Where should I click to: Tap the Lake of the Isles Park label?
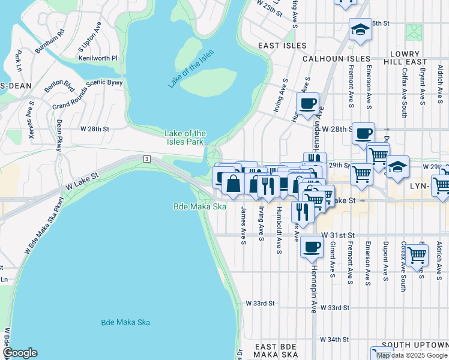point(185,138)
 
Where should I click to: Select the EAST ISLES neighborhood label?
point(282,46)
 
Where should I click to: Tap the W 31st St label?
point(339,235)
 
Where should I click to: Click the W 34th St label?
point(334,340)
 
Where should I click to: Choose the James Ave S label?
point(243,226)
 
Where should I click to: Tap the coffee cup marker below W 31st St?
point(311,246)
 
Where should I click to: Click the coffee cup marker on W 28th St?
point(363,133)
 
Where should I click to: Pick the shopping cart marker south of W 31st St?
point(417,254)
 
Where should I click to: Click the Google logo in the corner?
point(20,353)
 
